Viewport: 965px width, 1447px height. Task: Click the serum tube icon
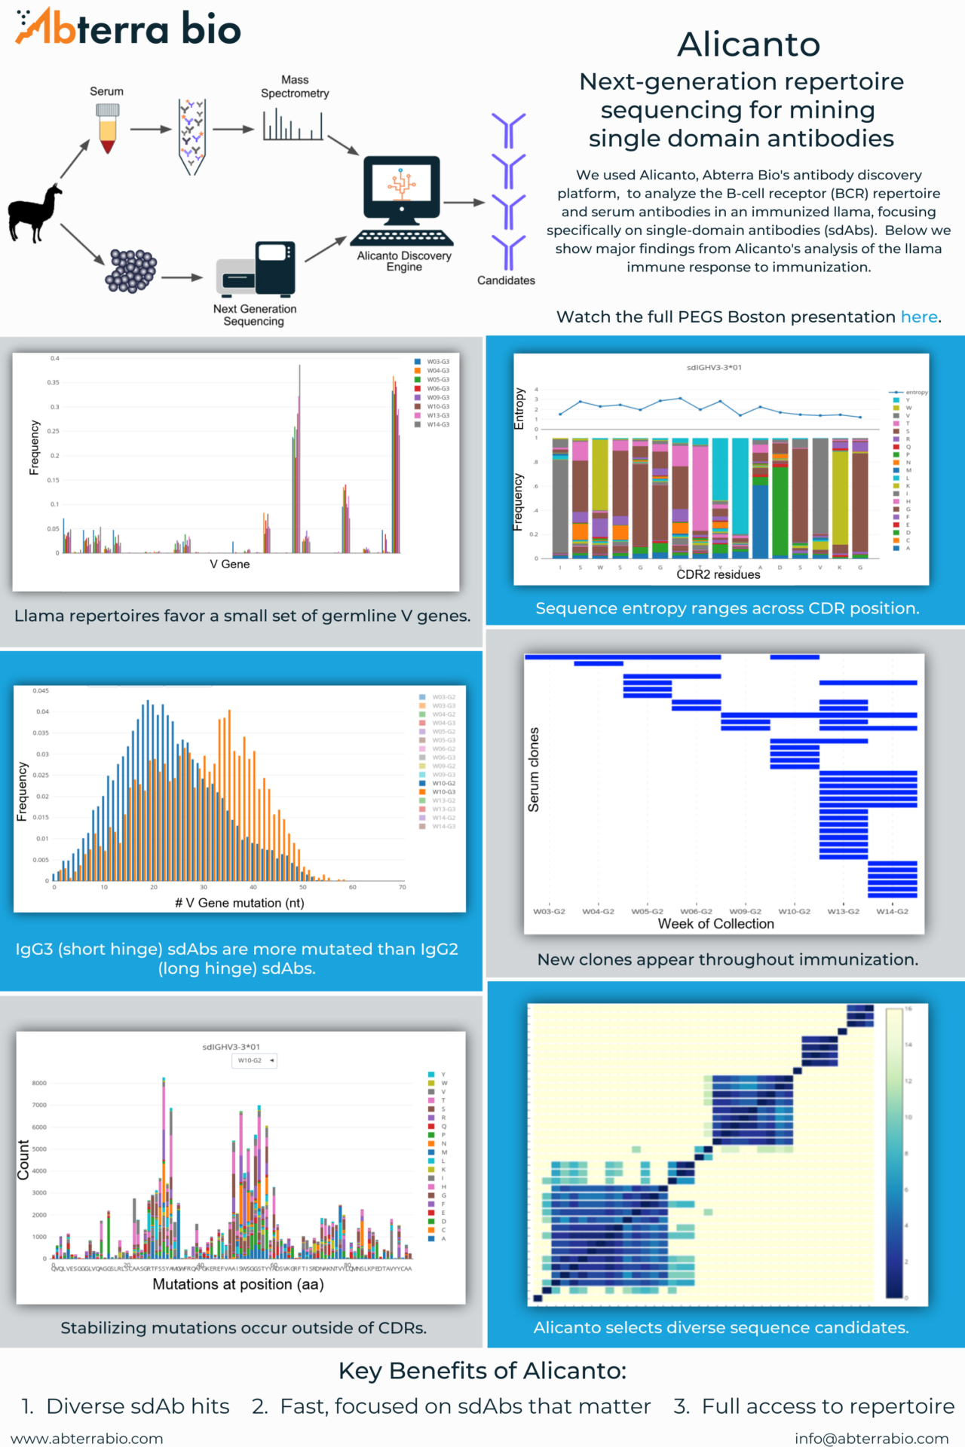[x=108, y=128]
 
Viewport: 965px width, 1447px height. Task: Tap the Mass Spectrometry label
[x=295, y=87]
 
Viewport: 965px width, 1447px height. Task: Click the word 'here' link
[x=919, y=317]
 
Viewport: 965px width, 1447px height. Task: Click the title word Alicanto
[x=748, y=45]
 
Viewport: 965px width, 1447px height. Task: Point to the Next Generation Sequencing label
[x=254, y=315]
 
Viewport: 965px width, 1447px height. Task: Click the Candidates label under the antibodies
[x=506, y=280]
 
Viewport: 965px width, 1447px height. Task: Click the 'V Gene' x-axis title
[x=230, y=564]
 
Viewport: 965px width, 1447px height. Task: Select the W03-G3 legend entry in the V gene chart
[x=437, y=362]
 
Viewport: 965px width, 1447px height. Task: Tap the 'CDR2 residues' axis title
[x=718, y=574]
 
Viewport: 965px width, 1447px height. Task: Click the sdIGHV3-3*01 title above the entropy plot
[x=714, y=368]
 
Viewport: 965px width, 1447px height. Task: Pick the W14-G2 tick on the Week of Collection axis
[x=892, y=911]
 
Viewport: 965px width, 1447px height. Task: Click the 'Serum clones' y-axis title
[x=534, y=769]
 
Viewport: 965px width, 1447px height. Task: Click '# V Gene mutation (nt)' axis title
[x=240, y=903]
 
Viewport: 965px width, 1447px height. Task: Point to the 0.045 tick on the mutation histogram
[x=41, y=690]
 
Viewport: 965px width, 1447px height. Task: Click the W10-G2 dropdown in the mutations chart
[x=254, y=1060]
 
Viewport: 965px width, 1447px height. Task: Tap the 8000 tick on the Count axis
[x=39, y=1083]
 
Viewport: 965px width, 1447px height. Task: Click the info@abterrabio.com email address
[x=872, y=1438]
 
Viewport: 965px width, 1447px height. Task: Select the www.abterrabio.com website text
[x=87, y=1438]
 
